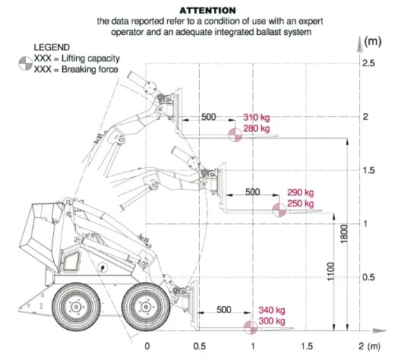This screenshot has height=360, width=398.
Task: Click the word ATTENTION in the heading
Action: [207, 11]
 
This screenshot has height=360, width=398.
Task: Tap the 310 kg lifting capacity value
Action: [257, 117]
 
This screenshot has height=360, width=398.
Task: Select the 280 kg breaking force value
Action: [257, 128]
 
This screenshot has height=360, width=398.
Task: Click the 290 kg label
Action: [300, 192]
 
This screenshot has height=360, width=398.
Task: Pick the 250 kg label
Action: [300, 204]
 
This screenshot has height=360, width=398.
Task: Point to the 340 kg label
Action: [272, 310]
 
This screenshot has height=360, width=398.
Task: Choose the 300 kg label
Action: [272, 321]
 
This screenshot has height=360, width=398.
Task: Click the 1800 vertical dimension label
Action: [343, 234]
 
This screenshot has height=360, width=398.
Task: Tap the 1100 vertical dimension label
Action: [330, 272]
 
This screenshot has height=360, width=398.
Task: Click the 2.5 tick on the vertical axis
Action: [368, 63]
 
